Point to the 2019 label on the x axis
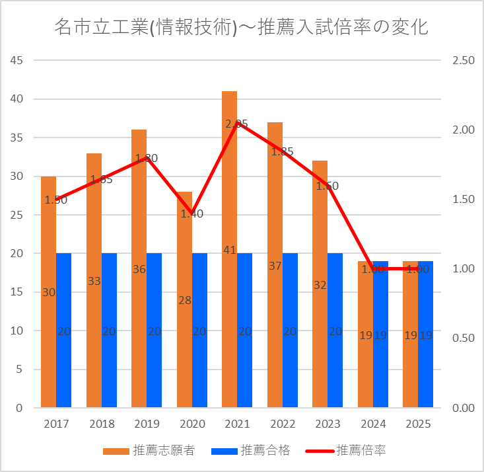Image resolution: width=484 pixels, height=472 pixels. [x=147, y=424]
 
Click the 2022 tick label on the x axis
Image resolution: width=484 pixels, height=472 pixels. [x=282, y=424]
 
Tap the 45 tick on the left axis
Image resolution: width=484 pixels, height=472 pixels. [x=15, y=61]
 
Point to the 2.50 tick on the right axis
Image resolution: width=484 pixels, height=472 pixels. [x=464, y=61]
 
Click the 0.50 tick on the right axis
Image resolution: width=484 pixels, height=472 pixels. [x=464, y=338]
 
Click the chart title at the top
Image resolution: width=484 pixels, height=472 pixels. [x=242, y=28]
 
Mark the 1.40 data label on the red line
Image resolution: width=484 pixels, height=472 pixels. [x=191, y=214]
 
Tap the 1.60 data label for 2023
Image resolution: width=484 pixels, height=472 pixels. [x=327, y=186]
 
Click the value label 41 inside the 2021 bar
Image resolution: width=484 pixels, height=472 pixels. [x=229, y=250]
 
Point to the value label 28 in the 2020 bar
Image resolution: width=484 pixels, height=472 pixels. [x=184, y=300]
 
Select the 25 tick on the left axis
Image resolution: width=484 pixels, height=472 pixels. [x=15, y=216]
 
